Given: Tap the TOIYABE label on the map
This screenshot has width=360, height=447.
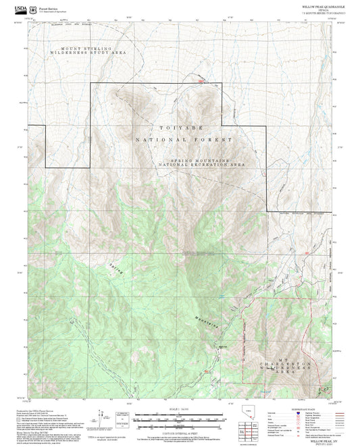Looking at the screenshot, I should click(x=179, y=127).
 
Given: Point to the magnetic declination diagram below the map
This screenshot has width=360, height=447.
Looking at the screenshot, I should click(x=124, y=414).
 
